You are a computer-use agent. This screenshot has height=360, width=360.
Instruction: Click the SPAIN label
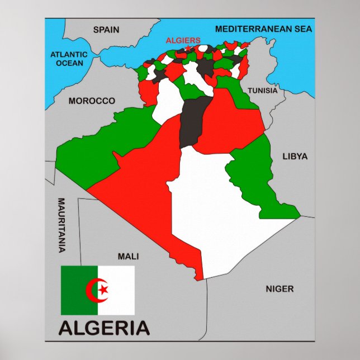[106, 30]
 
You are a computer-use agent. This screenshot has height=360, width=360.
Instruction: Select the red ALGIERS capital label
[183, 40]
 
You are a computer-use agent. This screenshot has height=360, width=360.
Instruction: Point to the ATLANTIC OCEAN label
[69, 59]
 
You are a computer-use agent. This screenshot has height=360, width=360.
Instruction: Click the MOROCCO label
[92, 101]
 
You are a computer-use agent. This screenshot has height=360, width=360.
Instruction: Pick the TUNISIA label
[262, 90]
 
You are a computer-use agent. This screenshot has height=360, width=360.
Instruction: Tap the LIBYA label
[295, 157]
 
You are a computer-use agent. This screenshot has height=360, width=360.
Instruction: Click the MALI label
[128, 257]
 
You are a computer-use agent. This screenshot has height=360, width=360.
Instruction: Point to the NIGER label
[280, 289]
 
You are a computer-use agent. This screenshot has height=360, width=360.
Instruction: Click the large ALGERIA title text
[105, 327]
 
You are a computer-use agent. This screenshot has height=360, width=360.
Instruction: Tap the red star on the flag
[103, 290]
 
